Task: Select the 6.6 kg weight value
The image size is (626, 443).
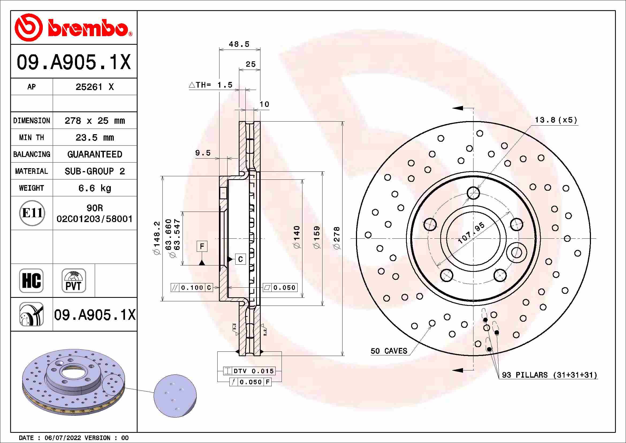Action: coord(94,188)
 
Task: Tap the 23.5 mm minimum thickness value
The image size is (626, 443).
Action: coord(94,137)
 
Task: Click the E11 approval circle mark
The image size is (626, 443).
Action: coord(32,213)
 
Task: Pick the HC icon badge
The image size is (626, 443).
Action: coord(31,280)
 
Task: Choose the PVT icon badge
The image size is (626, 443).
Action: coord(74,280)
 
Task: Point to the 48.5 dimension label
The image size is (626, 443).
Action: coord(239,44)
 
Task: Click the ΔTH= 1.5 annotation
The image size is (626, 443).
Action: coord(211,85)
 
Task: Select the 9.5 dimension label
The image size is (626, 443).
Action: coord(203,153)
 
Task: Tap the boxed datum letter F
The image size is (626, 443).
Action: coord(202,246)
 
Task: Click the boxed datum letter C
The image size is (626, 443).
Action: coord(240,259)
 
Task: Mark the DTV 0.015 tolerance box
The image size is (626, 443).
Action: coord(249,371)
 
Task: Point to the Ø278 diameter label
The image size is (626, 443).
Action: coord(337,238)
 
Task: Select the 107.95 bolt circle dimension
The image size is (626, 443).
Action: coord(471,233)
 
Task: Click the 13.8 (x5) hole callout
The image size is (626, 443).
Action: coord(556,120)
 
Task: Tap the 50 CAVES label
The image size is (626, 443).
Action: coord(389,351)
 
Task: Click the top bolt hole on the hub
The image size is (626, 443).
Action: coord(473,193)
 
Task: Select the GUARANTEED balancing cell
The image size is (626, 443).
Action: coord(94,154)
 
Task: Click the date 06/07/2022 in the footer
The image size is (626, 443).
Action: coord(63,438)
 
